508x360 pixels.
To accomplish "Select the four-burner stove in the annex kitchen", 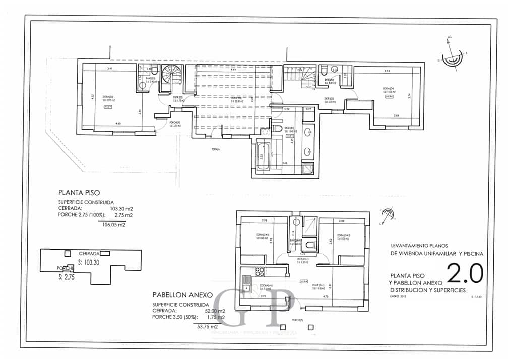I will (x=260, y=272).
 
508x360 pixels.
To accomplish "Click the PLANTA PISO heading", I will (x=79, y=192).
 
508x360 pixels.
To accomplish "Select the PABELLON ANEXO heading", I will (x=183, y=295).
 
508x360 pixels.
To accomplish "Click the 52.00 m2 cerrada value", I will (x=214, y=311).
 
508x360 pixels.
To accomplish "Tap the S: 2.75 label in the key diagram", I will (x=66, y=277).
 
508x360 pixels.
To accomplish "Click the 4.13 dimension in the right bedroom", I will (x=387, y=71).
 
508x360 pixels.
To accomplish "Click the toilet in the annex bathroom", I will (x=309, y=246).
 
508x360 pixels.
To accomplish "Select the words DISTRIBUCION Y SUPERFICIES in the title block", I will (x=428, y=290).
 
